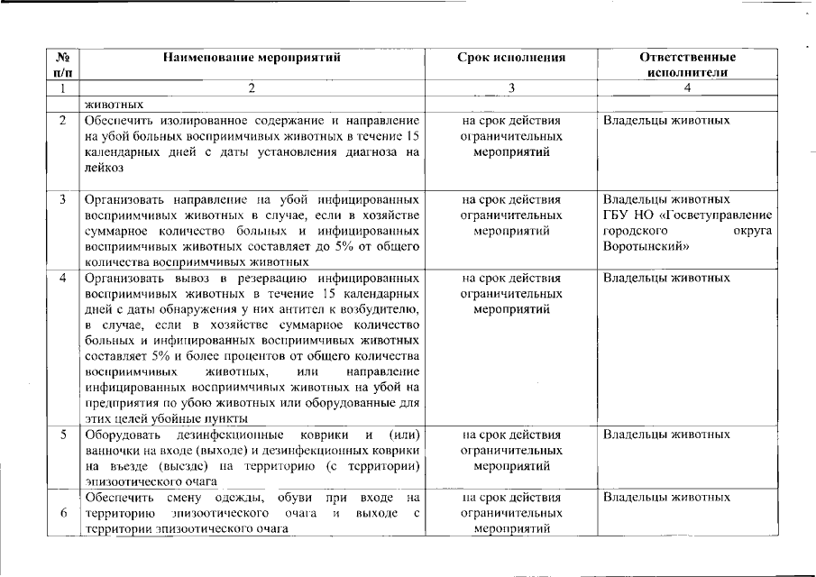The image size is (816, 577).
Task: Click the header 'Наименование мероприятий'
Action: point(252,58)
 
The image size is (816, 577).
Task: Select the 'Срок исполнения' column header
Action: point(511,58)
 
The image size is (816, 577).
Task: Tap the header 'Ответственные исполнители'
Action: point(687,64)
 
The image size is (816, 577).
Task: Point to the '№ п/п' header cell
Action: point(62,64)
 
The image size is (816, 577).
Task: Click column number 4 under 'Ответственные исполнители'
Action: point(687,88)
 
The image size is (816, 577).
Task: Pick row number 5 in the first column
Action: point(62,435)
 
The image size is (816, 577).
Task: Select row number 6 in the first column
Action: point(62,513)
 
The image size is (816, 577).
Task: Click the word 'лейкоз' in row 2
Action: point(105,168)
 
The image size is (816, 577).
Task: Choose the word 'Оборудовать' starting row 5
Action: point(121,435)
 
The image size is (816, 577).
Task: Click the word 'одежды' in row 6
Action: point(239,498)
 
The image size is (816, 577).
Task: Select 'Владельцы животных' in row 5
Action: point(666,435)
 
